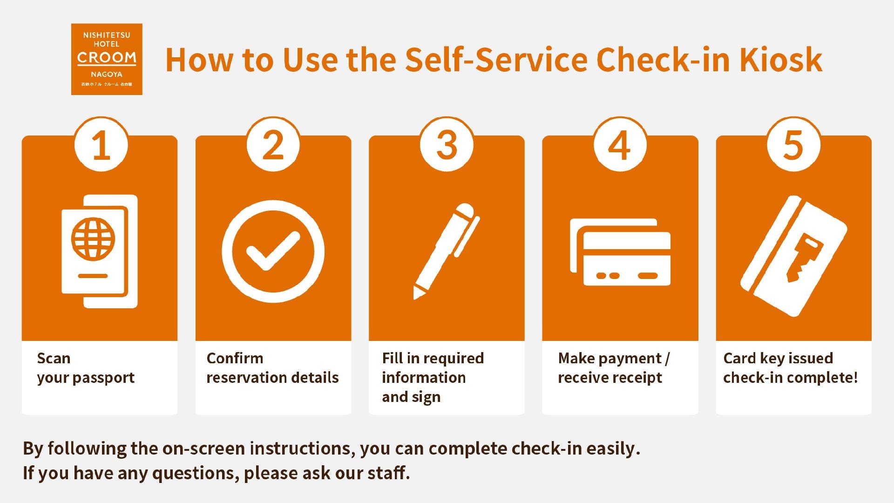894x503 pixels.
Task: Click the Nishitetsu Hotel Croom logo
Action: tap(107, 59)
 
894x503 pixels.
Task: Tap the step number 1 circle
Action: tap(101, 145)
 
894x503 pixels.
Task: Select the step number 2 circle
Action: tap(273, 145)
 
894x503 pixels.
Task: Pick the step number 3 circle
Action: tap(447, 145)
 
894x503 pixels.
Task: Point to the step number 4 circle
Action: tap(620, 145)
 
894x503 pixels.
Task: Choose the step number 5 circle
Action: tap(793, 145)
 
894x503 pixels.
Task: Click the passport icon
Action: tap(99, 251)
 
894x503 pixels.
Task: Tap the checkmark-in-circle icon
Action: tap(273, 251)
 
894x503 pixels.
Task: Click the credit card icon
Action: tap(620, 252)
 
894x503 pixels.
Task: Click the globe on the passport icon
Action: tap(93, 239)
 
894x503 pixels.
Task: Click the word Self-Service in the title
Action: tap(496, 60)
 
